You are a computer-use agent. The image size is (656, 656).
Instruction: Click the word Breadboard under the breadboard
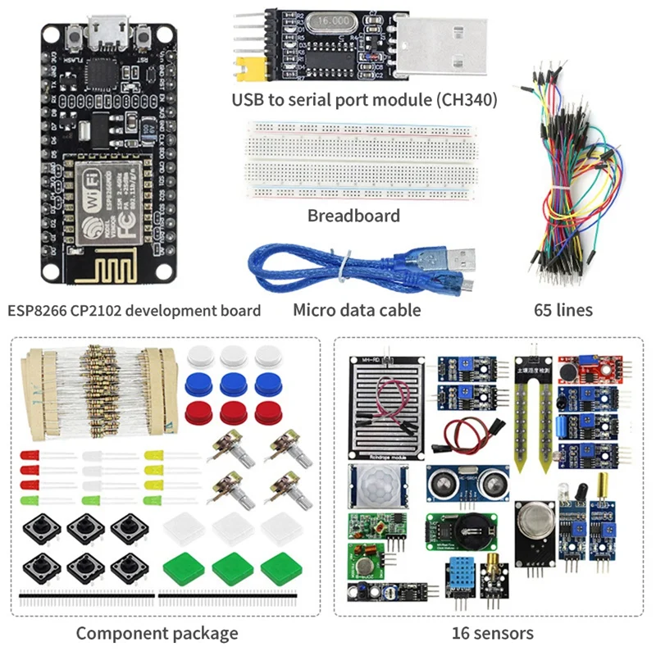(x=353, y=216)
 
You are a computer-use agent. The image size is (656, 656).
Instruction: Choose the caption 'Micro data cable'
(x=357, y=311)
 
